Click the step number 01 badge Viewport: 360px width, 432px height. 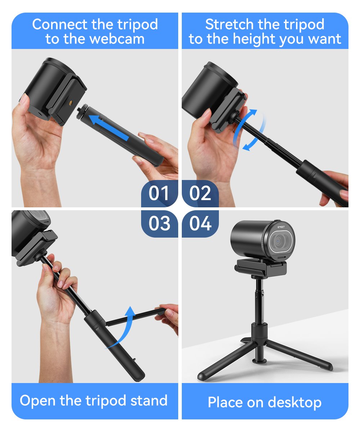tap(159, 193)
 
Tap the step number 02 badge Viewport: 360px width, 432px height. tap(200, 193)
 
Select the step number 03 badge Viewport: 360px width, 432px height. tap(159, 224)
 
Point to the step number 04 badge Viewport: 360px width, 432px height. tap(200, 224)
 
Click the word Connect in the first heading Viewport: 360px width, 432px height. tap(60, 24)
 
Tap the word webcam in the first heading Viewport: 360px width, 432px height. tap(117, 39)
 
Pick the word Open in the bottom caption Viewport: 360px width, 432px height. tap(38, 402)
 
